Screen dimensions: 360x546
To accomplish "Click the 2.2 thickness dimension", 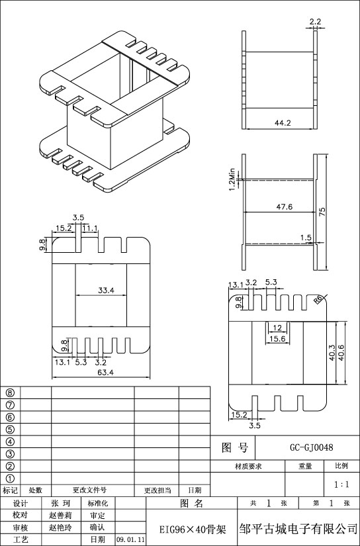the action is [315, 22].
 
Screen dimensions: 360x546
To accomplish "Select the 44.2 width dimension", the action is [283, 123].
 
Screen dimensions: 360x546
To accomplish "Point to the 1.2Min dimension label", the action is [232, 179].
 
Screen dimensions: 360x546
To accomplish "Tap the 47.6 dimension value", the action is [285, 206].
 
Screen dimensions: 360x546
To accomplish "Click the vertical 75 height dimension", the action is [322, 212].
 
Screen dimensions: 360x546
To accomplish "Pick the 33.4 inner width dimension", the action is [106, 290].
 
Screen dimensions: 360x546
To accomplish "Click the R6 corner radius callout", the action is [318, 299].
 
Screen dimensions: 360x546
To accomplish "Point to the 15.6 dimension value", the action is [277, 339].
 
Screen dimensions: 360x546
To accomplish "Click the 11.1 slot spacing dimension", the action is [90, 228].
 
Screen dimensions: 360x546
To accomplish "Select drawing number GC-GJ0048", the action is [312, 447].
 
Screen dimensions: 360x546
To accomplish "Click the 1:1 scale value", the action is [341, 484].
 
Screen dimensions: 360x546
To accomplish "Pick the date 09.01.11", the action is [130, 540].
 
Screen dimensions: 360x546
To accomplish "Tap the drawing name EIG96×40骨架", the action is [193, 529].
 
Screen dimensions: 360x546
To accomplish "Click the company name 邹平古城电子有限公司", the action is [298, 529].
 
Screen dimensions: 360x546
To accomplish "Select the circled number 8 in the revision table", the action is [11, 392].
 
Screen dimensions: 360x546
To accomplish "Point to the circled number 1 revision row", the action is [11, 478].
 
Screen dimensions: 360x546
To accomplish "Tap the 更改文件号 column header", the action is [89, 490].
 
